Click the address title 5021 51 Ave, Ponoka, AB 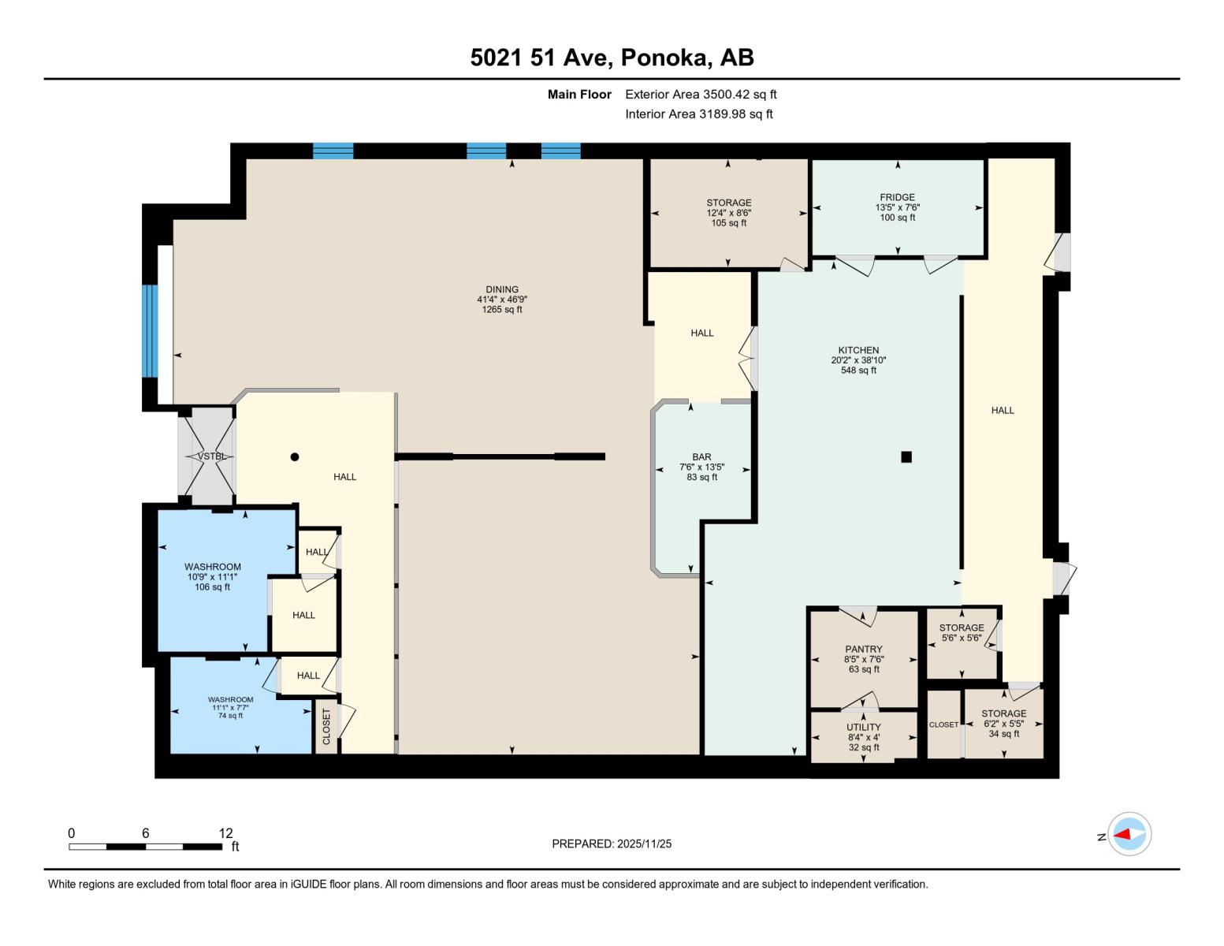612,58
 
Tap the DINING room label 502,289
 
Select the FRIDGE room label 897,198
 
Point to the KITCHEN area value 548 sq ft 858,371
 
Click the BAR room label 701,457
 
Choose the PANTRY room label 864,650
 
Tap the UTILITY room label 864,728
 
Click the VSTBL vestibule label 211,456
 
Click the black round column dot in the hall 295,456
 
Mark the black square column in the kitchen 906,456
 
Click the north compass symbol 1129,834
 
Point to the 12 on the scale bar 225,833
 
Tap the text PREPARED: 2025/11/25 612,844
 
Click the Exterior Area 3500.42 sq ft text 701,95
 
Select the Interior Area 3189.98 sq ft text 698,114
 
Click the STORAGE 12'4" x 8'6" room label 728,203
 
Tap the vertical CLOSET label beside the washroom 326,726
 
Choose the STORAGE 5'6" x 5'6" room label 961,628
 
